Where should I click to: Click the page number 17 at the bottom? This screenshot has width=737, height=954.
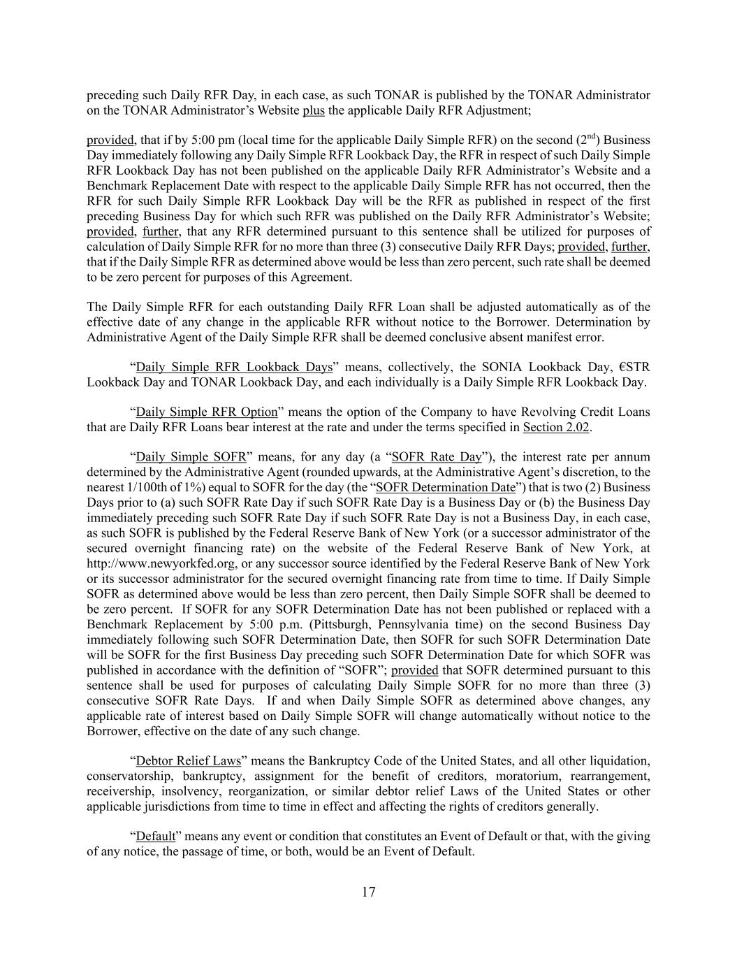[x=369, y=892]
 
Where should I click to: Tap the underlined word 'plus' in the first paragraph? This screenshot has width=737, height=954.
[x=314, y=110]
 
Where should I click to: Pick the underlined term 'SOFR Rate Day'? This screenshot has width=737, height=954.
[x=437, y=457]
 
